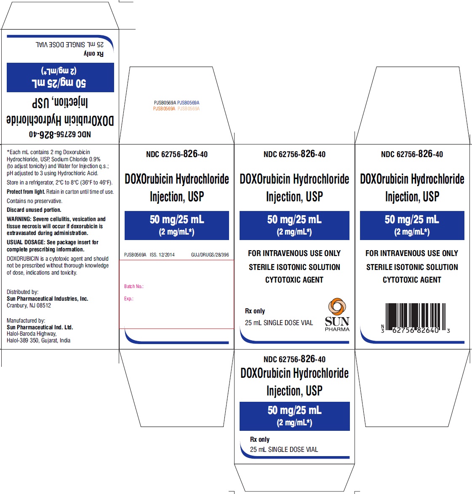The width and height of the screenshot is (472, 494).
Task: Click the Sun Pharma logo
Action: [x=337, y=315]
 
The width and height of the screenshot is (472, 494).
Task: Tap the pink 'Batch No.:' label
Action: [x=133, y=286]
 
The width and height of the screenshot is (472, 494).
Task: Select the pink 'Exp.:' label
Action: [x=128, y=299]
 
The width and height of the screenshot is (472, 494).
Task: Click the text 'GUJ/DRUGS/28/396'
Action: [x=210, y=254]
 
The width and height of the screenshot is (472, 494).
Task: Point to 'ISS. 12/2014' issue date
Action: [x=162, y=254]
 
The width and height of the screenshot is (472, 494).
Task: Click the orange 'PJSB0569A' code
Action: [x=164, y=109]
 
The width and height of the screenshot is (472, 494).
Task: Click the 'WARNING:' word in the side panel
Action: [x=19, y=219]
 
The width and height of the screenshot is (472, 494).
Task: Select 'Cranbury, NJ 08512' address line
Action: [x=29, y=305]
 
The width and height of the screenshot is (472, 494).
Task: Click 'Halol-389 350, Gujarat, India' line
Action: [x=38, y=340]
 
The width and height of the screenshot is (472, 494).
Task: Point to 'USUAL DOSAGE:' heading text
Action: [x=26, y=242]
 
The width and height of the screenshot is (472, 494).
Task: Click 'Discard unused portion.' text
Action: [x=34, y=210]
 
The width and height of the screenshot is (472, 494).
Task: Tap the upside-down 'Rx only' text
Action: [x=93, y=53]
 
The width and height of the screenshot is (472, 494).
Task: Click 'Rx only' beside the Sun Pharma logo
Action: [x=255, y=311]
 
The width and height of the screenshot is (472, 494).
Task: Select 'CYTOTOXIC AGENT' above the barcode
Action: [x=412, y=280]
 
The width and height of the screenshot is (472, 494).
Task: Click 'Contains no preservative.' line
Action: [x=35, y=201]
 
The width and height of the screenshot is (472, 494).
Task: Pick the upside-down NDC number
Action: [x=60, y=134]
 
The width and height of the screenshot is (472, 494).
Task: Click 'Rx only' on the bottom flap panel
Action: [x=260, y=439]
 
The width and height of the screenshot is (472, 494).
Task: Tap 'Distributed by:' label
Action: [x=22, y=292]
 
